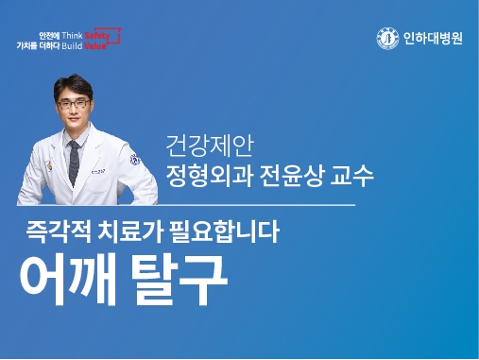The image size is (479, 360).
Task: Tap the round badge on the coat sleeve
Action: (135, 161)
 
